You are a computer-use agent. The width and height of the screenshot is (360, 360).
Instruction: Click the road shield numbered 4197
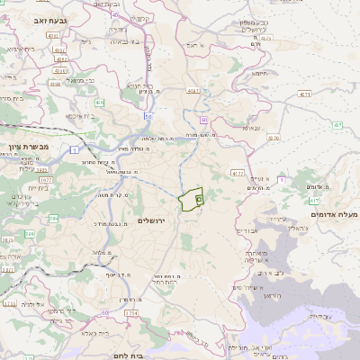(193, 91)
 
